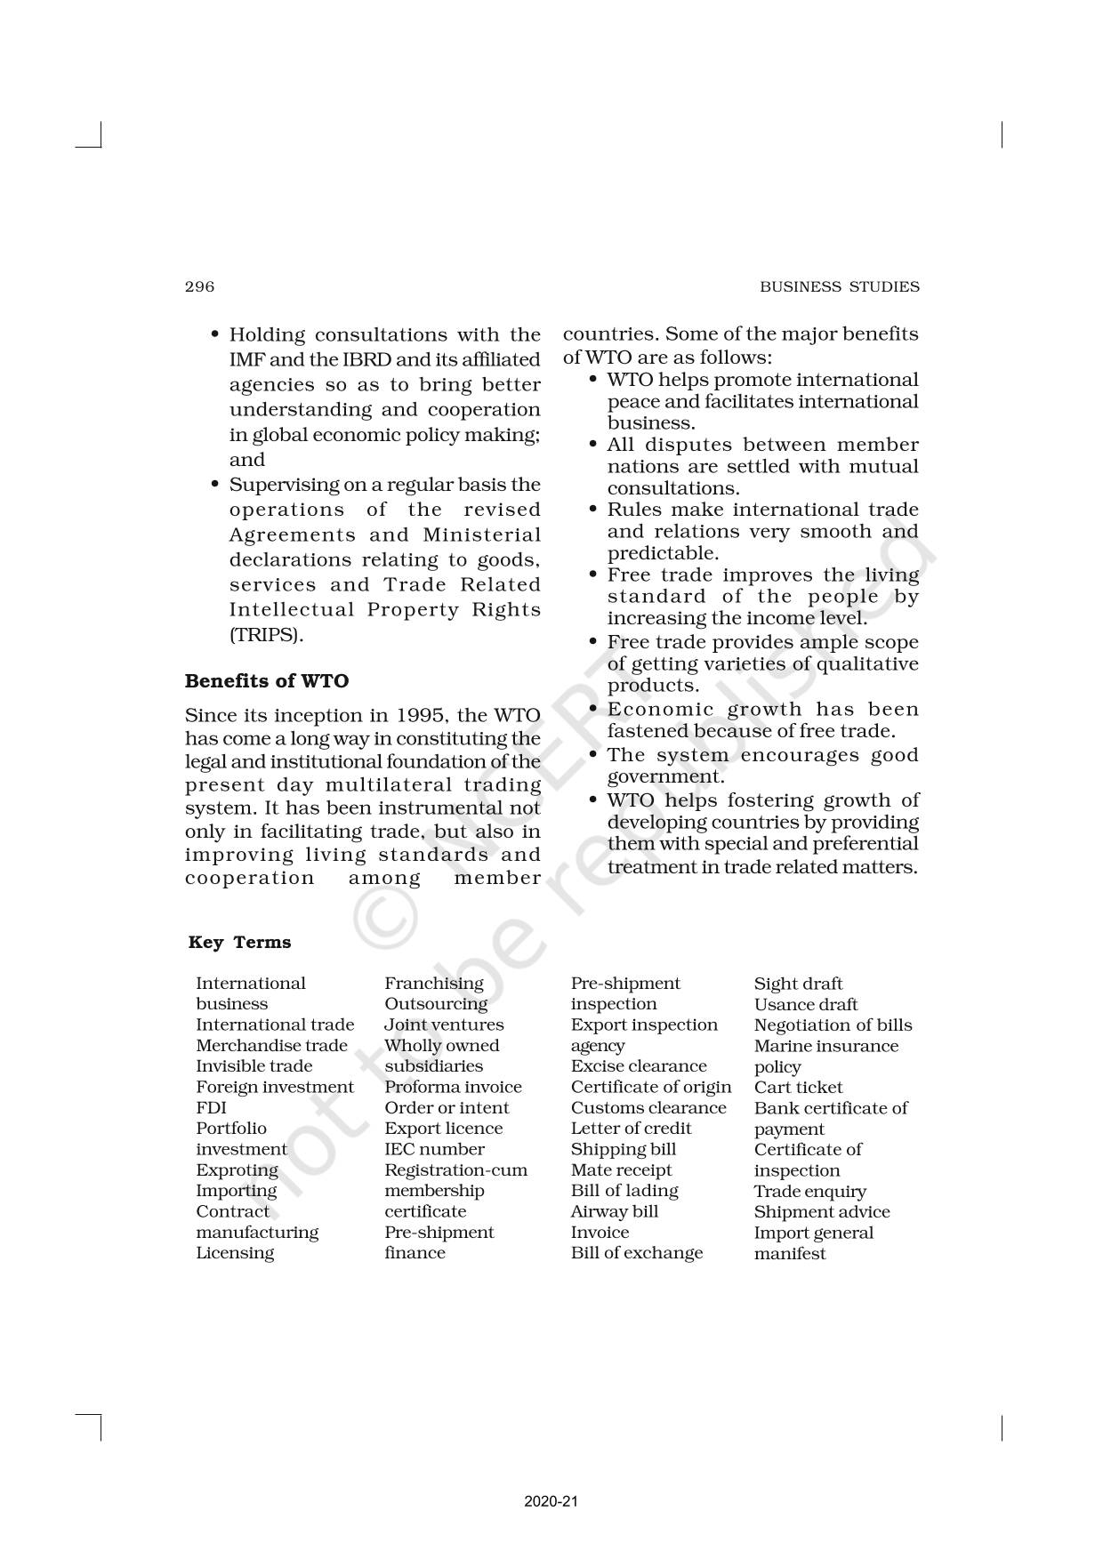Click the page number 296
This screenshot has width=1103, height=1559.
[199, 286]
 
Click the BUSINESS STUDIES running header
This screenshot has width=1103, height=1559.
[839, 286]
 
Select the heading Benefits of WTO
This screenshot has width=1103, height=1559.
[267, 681]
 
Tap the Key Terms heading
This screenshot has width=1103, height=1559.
[239, 943]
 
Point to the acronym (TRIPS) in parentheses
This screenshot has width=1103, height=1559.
[266, 635]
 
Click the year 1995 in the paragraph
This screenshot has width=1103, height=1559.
[420, 716]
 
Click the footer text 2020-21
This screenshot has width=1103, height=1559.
[551, 1501]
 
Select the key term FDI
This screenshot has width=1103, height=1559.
[211, 1108]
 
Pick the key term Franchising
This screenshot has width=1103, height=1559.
[434, 984]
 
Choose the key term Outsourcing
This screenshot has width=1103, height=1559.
[436, 1004]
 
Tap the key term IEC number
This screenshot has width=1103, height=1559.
[434, 1149]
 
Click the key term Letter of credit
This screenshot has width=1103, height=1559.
[631, 1129]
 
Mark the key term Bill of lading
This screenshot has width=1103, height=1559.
[624, 1191]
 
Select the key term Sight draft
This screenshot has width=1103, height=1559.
[798, 984]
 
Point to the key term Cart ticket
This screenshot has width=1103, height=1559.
[798, 1088]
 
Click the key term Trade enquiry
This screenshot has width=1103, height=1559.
[809, 1192]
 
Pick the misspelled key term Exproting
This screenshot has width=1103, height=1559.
[237, 1170]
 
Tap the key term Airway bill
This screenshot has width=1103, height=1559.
[615, 1211]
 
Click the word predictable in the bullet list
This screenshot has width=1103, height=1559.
[662, 553]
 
